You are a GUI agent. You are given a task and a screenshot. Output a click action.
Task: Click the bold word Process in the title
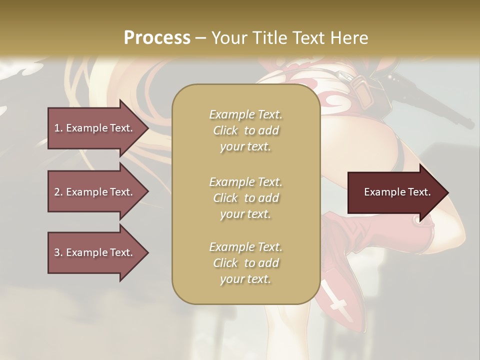point(157,37)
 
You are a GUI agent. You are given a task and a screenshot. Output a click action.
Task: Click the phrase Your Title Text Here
point(289,38)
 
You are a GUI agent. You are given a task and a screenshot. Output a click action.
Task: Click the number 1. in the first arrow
point(58,128)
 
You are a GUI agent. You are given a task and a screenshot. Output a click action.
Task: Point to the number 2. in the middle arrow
point(58,192)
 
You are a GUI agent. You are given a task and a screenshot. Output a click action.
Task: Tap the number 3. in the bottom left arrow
point(58,252)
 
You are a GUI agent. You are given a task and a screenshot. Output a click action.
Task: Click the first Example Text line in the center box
point(245,114)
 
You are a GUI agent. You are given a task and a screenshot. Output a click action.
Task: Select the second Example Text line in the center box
point(245,181)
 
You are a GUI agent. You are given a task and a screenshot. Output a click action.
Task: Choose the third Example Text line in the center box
point(245,247)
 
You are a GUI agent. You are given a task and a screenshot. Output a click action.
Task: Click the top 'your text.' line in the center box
point(245,147)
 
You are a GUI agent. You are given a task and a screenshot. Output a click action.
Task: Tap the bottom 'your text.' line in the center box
point(245,279)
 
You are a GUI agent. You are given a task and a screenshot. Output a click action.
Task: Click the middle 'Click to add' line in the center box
point(245,198)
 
